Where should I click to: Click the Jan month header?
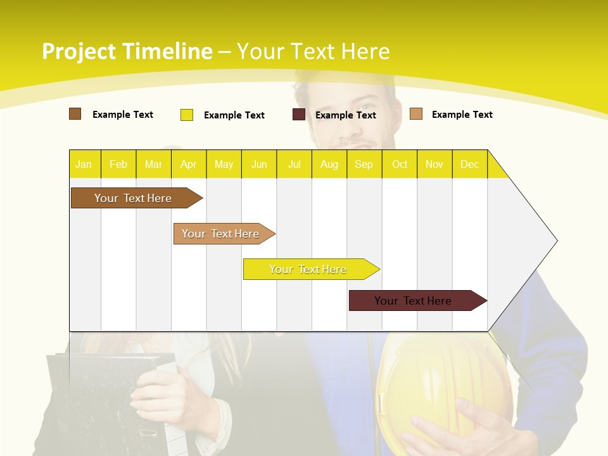tap(84, 164)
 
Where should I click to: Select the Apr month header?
tap(188, 164)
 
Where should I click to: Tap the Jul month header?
tap(294, 164)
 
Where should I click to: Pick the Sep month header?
tap(364, 164)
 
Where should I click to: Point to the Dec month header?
tap(469, 164)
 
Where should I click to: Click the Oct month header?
tap(399, 164)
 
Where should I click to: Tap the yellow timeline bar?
tap(308, 269)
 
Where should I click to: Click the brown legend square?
tap(75, 114)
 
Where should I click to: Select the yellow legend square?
tap(186, 115)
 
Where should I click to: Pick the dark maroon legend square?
tap(298, 115)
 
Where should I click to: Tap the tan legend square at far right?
tap(415, 114)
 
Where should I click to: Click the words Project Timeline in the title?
tap(127, 51)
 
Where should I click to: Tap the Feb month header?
tap(118, 164)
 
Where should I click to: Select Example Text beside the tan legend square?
tap(462, 114)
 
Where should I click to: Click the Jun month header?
tap(258, 164)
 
